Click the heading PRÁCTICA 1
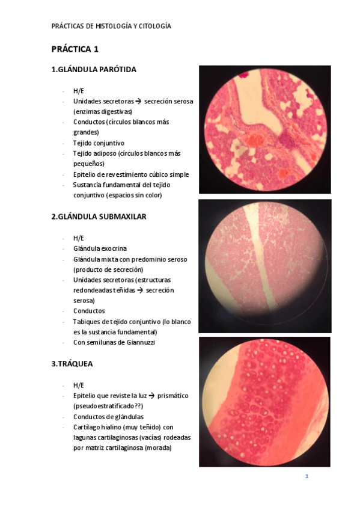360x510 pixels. [75, 49]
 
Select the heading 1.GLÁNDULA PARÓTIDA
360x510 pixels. [94, 69]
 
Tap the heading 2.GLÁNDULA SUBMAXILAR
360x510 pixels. [99, 217]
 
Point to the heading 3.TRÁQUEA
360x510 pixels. [72, 364]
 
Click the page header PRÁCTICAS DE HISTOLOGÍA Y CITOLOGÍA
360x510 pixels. [111, 26]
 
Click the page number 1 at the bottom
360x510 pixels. [307, 476]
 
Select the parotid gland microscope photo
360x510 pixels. [265, 129]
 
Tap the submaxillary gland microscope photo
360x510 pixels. [265, 266]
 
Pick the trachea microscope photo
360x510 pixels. [265, 402]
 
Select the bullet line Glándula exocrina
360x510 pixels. [100, 248]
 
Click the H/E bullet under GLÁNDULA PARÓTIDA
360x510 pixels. [79, 90]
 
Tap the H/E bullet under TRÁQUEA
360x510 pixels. [79, 385]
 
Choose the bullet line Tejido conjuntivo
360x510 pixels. [99, 143]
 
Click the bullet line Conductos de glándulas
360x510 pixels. [108, 417]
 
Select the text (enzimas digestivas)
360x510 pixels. [103, 111]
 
